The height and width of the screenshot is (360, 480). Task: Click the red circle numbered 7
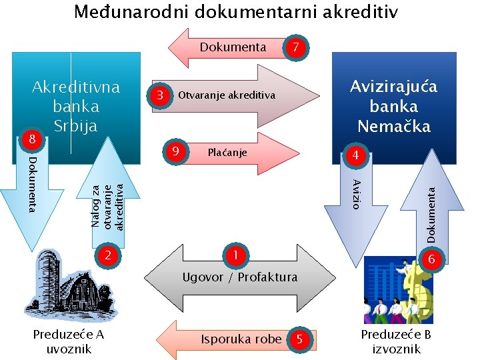click(297, 48)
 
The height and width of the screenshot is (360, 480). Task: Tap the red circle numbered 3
click(159, 95)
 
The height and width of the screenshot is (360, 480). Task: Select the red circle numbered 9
click(175, 152)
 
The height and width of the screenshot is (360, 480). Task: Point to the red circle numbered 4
click(356, 156)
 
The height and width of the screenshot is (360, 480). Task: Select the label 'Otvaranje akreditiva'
click(227, 95)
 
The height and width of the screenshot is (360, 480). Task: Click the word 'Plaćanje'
click(227, 153)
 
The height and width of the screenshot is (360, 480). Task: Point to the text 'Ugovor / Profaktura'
click(241, 277)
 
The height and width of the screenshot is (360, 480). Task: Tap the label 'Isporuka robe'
click(241, 339)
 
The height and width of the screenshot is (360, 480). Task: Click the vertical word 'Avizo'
click(357, 194)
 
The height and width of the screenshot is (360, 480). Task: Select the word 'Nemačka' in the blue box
click(394, 125)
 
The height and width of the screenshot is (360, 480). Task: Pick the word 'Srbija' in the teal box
click(75, 125)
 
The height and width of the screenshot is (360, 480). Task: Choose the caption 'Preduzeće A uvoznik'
click(69, 341)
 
